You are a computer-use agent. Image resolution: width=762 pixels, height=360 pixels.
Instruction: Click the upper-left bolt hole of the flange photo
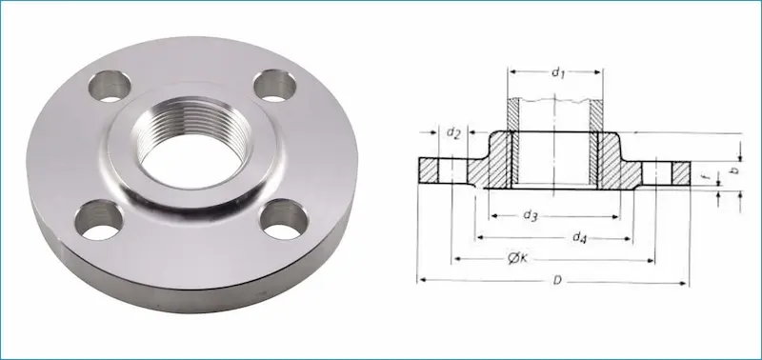pos(110,86)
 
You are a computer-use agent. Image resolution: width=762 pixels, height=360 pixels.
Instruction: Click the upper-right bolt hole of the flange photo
pos(275,86)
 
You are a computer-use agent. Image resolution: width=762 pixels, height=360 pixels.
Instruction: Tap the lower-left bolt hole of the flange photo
pos(99,220)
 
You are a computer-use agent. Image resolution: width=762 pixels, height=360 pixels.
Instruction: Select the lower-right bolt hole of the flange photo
pos(284,219)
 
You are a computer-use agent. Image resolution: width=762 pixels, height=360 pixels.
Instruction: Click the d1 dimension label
pos(558,73)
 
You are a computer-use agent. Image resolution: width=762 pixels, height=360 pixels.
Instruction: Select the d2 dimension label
pos(453,132)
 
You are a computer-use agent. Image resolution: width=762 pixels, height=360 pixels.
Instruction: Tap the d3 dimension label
pos(531,216)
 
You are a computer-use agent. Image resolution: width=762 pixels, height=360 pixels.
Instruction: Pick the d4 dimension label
pos(579,237)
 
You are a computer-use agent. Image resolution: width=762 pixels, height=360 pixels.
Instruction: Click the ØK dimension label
pos(517,259)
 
